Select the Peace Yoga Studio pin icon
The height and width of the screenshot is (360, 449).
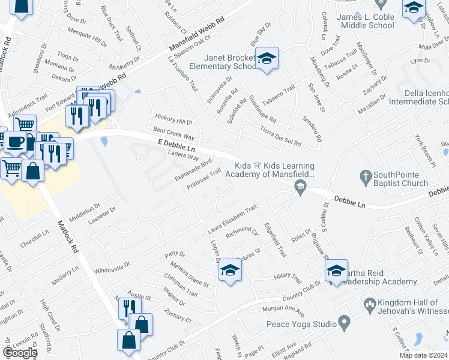(345, 324)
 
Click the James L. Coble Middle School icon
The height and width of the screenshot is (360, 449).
(414, 9)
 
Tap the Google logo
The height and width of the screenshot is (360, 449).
(20, 352)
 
